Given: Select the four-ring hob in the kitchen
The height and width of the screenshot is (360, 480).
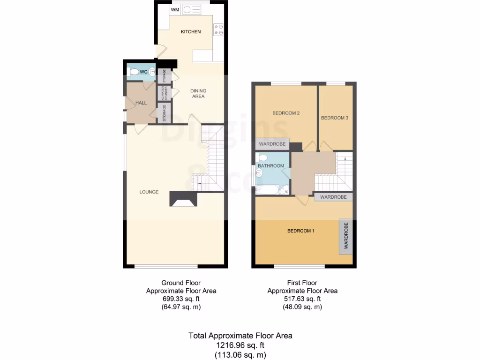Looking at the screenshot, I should [218, 29].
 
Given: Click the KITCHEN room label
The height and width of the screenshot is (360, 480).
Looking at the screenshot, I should [191, 32].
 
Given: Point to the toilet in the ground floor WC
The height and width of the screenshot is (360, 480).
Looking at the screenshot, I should [135, 72].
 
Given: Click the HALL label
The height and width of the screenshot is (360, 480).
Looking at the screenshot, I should [141, 103].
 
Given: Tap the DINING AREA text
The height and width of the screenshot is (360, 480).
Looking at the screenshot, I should [198, 94].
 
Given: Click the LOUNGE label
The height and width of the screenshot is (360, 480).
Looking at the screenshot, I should [149, 192].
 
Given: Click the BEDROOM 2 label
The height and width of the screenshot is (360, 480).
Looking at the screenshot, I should [286, 113].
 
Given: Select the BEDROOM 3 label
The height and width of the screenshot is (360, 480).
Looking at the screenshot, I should [334, 118].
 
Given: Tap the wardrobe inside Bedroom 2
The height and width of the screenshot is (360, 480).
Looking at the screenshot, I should [272, 143].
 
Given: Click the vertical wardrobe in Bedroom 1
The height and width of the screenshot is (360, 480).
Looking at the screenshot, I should [346, 236].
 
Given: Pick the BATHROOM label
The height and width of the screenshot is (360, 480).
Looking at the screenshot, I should [271, 166].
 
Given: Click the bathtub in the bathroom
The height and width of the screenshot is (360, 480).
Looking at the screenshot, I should [266, 190].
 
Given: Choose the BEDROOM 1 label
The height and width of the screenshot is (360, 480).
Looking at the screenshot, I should [300, 231].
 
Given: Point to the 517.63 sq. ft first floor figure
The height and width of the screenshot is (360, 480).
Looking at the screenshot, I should [302, 299].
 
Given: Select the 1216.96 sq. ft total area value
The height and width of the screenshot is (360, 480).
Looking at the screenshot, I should [240, 345].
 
